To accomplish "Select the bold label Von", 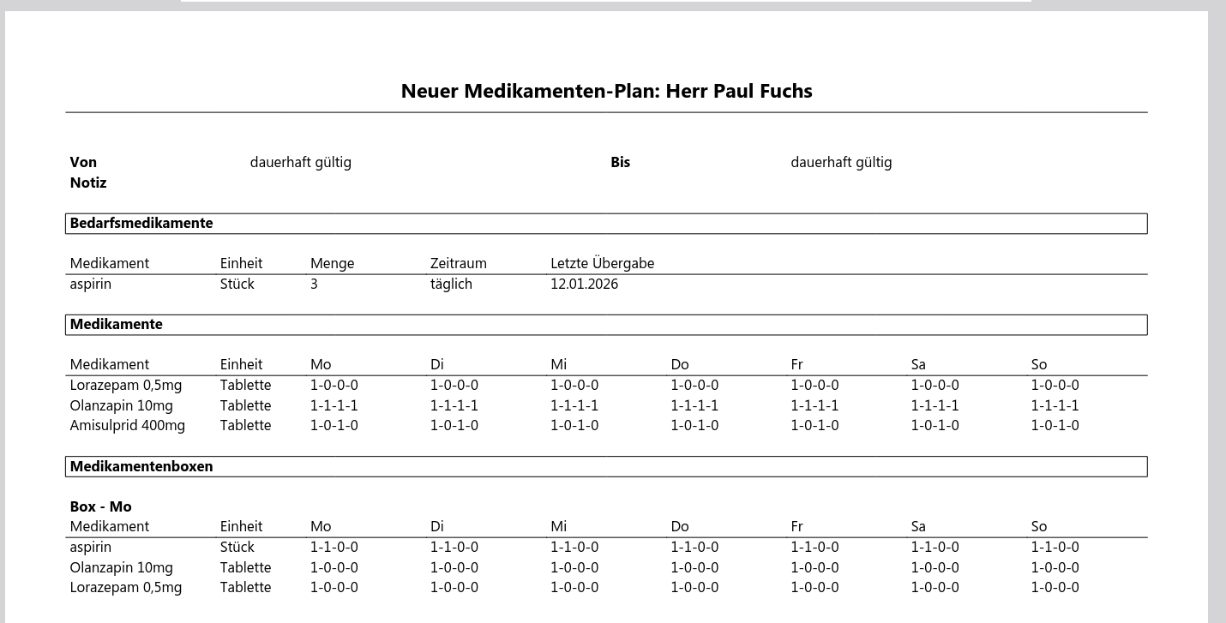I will click(83, 162).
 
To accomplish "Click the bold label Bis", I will click(620, 162).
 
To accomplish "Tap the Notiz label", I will click(88, 183).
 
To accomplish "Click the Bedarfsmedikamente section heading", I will click(141, 223).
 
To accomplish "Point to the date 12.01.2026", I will click(584, 284).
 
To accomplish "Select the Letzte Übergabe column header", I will click(602, 263).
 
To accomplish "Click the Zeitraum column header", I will click(458, 263).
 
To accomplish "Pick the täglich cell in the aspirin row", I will click(451, 284).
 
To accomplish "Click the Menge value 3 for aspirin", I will click(314, 284).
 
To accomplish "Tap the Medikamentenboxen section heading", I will click(141, 466).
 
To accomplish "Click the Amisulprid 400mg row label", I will click(127, 425).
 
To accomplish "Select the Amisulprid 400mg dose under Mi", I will click(574, 425).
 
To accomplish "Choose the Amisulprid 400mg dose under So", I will click(1055, 425).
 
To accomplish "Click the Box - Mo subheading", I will click(100, 506).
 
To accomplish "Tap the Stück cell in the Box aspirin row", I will click(237, 547).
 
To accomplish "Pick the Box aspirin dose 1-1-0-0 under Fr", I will click(814, 547).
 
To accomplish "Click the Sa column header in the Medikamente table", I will click(918, 364).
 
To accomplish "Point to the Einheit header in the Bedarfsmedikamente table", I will click(241, 263).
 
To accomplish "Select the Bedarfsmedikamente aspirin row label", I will click(90, 284).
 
